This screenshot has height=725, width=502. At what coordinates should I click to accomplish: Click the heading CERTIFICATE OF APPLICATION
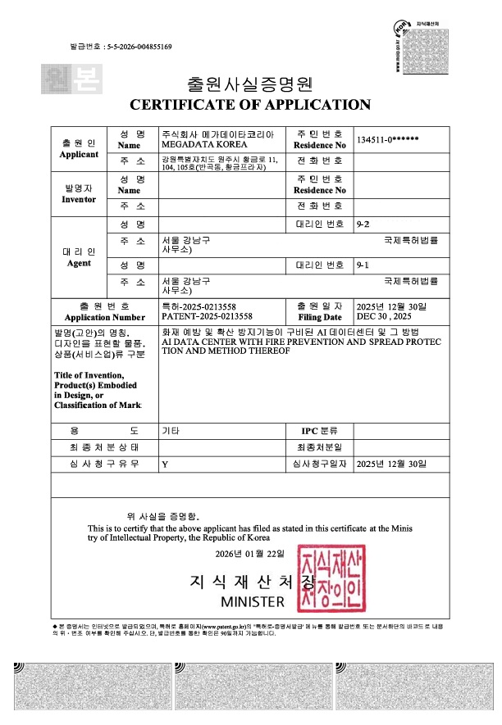pos(250,105)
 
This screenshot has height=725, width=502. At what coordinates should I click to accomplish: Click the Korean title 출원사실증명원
pos(250,84)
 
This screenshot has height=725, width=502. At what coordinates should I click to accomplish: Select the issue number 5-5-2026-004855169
pos(139,47)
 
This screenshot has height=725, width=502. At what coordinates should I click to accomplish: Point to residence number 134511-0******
pos(389,138)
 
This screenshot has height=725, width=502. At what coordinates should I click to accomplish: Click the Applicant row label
pos(79,154)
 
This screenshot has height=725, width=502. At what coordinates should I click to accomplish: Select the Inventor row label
pos(79,199)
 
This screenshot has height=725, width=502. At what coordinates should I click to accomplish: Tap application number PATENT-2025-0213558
pos(207,315)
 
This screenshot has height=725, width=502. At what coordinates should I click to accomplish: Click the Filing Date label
pos(320,316)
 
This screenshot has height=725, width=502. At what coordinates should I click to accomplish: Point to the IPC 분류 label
pos(319,430)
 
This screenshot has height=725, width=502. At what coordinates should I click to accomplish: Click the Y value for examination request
pos(165,464)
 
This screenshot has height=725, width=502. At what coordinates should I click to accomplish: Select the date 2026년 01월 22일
pos(249,555)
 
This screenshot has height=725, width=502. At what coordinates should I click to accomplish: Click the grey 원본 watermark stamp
pos(60,79)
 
